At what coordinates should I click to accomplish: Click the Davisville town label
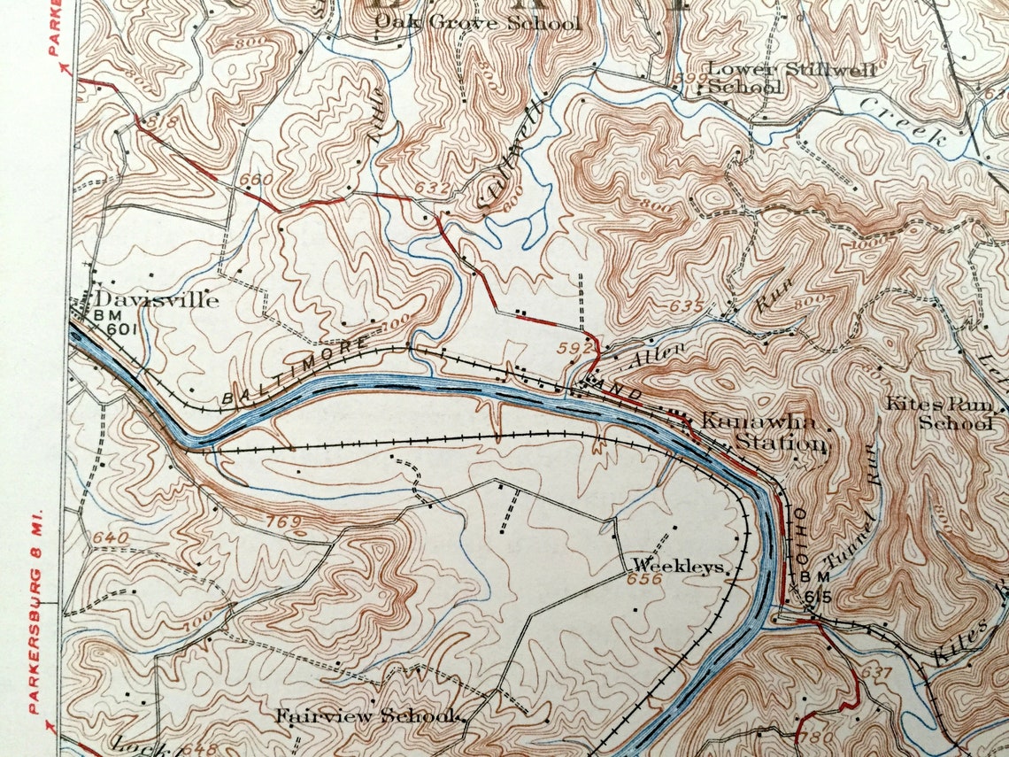tap(156, 300)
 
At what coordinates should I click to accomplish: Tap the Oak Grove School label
tap(477, 23)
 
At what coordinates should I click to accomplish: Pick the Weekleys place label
tap(678, 566)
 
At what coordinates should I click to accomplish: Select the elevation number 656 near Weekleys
tap(644, 580)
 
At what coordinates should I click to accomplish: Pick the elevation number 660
tap(256, 181)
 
